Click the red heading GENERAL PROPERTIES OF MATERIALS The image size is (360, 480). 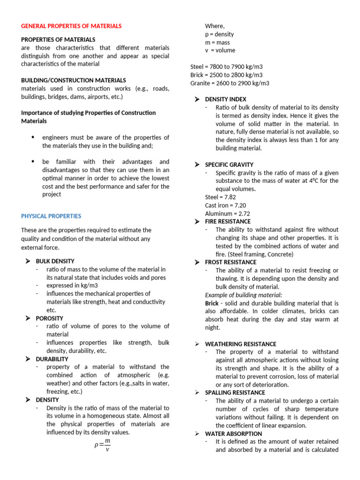click(71, 26)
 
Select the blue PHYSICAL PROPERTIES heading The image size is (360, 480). click(51, 216)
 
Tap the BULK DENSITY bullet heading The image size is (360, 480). click(55, 261)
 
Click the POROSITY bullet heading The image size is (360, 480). click(49, 318)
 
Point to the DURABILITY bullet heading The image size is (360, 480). click(52, 359)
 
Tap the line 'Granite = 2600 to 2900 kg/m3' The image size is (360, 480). click(230, 83)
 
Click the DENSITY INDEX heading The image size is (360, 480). click(225, 99)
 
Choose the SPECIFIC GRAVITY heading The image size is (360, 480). click(229, 165)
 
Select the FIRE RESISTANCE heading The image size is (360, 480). click(228, 222)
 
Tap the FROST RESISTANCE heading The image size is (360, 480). click(231, 262)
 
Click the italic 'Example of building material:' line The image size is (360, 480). click(244, 295)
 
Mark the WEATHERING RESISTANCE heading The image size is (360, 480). click(240, 344)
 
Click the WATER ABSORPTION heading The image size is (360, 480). click(233, 434)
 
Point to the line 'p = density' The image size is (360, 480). click(219, 34)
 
